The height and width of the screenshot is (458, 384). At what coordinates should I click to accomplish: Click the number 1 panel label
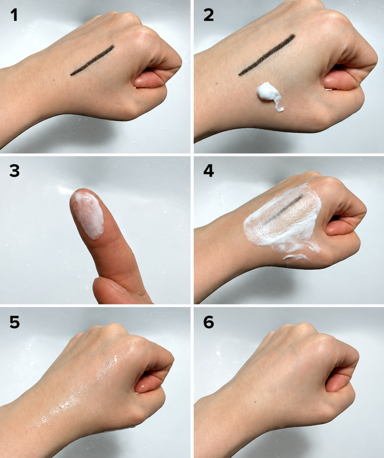tap(14, 15)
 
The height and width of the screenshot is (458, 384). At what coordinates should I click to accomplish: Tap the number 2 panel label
tap(209, 15)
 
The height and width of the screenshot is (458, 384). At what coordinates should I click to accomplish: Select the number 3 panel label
tap(14, 171)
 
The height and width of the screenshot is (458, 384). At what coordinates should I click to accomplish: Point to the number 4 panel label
tap(209, 171)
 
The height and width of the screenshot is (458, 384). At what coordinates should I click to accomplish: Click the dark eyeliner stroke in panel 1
tap(92, 60)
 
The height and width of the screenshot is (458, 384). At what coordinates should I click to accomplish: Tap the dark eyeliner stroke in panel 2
tap(267, 55)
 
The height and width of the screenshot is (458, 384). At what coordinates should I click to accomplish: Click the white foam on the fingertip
tap(89, 214)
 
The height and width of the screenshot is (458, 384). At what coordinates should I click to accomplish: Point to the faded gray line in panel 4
tap(283, 210)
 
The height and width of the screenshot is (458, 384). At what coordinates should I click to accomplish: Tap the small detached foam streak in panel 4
tap(295, 257)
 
